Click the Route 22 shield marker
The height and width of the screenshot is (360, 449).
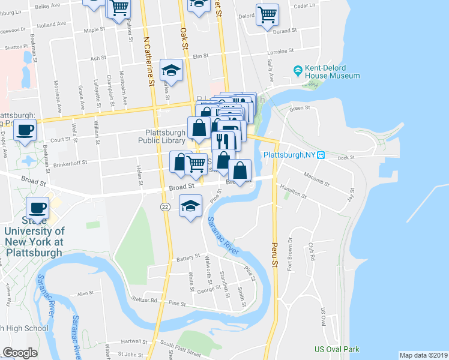pyautogui.click(x=164, y=206)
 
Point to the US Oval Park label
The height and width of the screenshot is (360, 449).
pyautogui.click(x=337, y=349)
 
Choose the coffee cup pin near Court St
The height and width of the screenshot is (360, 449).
pyautogui.click(x=25, y=131)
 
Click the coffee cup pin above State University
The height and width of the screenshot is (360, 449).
pyautogui.click(x=37, y=207)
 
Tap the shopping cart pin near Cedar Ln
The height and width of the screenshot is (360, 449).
pyautogui.click(x=267, y=14)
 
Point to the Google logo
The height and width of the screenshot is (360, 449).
pyautogui.click(x=20, y=353)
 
